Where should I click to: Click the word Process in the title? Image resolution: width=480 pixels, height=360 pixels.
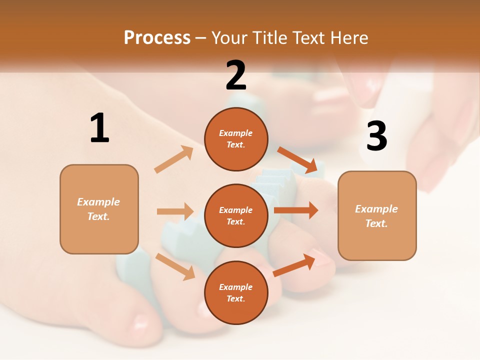pos(157,38)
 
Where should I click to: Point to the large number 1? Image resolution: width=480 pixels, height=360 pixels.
pos(99,128)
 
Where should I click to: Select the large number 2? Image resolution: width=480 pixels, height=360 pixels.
pos(236,75)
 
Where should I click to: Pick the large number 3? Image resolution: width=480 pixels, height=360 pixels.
pos(376,136)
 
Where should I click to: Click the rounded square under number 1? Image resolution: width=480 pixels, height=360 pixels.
pos(99,209)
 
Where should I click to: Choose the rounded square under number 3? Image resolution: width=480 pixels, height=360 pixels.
pos(377,215)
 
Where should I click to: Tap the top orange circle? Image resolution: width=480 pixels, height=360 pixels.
pos(236,139)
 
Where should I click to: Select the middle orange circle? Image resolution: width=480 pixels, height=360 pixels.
pos(236,215)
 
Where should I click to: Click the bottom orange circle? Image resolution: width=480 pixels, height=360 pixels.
pos(236,292)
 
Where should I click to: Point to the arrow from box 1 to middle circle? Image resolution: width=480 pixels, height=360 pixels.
pos(175,211)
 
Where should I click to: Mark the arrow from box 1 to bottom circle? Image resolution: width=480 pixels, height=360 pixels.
pos(175,266)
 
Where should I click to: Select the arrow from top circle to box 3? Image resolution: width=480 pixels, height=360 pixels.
pos(297,160)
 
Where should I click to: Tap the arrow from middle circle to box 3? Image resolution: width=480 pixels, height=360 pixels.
pos(296,210)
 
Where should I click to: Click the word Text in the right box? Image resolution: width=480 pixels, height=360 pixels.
pos(376,223)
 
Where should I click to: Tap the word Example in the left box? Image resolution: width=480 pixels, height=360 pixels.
pos(98,202)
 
